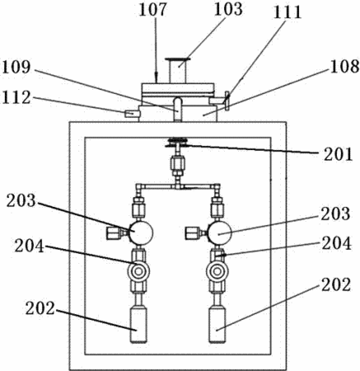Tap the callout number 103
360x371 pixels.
[228, 8]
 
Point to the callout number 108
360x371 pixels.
[345, 66]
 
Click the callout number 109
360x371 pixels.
[16, 67]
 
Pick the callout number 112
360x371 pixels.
[16, 97]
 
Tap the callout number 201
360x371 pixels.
[338, 154]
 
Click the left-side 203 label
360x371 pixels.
[21, 200]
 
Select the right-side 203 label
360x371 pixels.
[335, 214]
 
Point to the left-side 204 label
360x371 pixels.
[30, 246]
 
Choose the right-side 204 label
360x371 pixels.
[337, 243]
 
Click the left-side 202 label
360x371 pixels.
[40, 308]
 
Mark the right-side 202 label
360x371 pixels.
[336, 284]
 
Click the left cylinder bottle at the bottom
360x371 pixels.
[138, 325]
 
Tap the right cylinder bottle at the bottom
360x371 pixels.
[217, 325]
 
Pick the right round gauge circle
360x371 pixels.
[220, 233]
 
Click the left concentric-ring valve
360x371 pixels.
[138, 272]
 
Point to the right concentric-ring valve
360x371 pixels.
[217, 272]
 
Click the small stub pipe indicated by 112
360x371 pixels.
[132, 113]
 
